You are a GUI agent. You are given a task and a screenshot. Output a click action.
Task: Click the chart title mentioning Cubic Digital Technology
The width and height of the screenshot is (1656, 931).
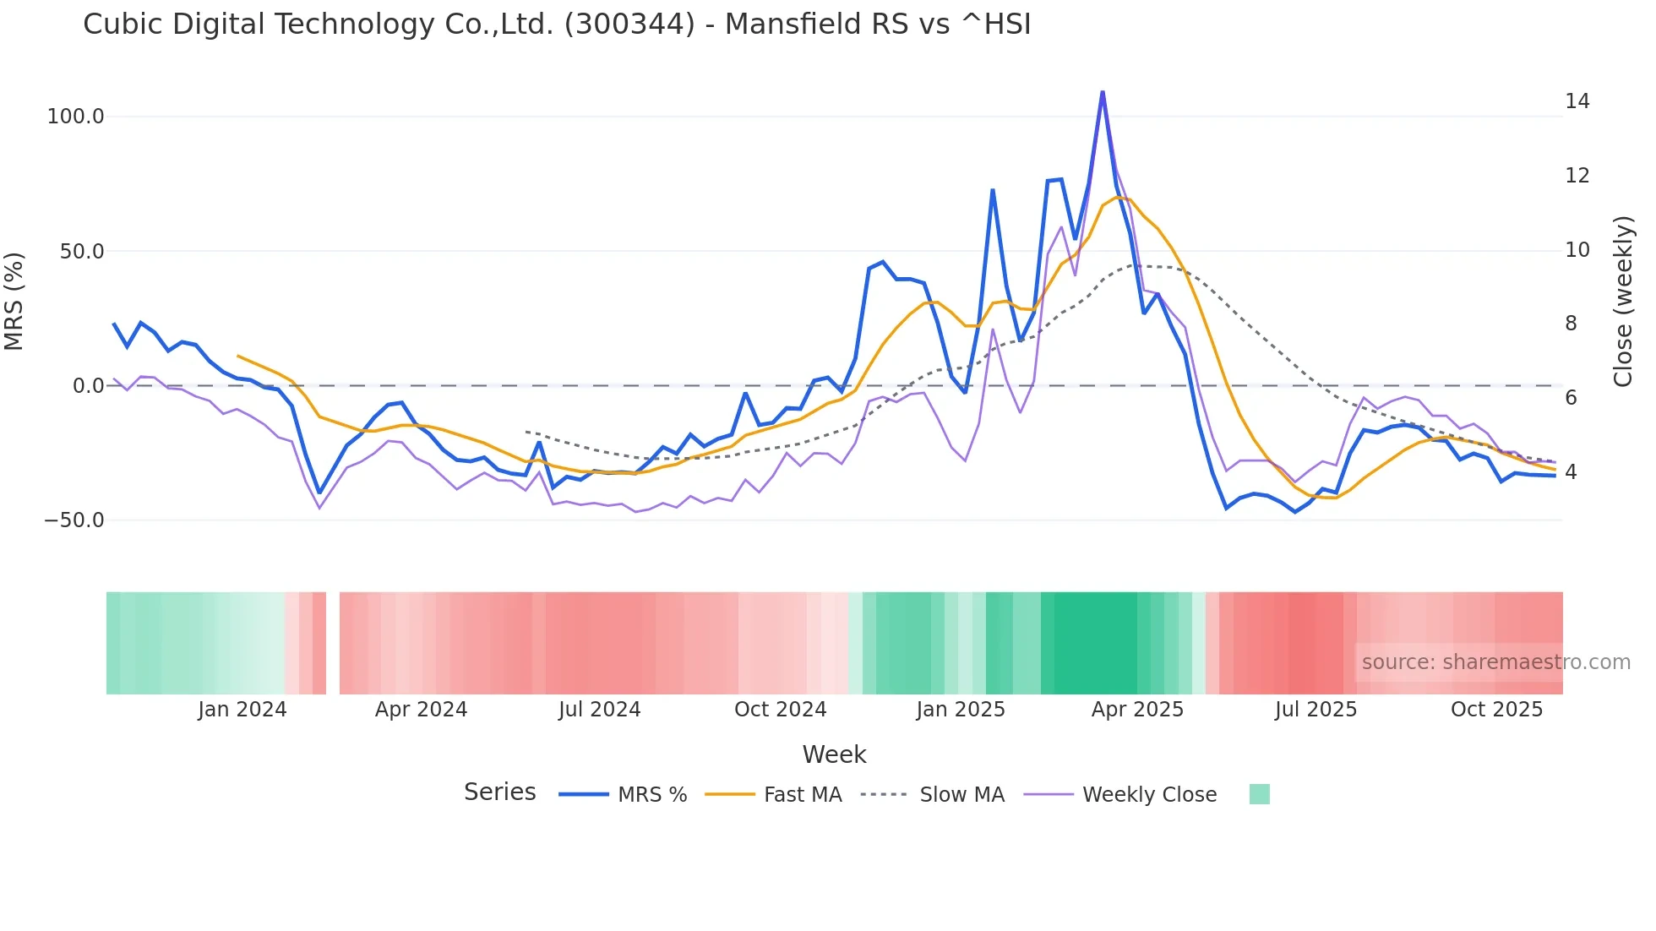(x=557, y=24)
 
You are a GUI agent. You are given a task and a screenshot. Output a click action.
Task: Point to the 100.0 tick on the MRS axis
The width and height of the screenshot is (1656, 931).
(x=75, y=117)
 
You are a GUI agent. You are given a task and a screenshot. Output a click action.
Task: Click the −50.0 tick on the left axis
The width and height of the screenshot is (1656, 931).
(x=74, y=520)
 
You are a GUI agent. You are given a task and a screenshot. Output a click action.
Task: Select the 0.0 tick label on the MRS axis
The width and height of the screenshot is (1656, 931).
(x=88, y=386)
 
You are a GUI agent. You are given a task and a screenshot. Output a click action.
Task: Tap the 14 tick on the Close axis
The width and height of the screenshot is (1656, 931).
(x=1577, y=101)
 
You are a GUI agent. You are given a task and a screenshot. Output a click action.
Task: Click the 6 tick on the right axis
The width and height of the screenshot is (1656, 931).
(x=1571, y=398)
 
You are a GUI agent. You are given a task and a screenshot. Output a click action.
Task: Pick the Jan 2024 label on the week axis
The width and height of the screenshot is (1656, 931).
(x=242, y=710)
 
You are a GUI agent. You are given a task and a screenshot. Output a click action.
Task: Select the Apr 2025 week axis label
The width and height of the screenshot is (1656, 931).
(x=1137, y=710)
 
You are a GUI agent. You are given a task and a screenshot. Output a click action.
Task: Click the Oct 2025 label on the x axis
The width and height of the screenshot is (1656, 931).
(x=1496, y=710)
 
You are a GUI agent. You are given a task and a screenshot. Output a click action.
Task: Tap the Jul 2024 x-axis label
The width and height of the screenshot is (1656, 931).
(x=599, y=710)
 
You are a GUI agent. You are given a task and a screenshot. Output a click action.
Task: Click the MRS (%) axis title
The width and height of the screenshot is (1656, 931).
(x=14, y=302)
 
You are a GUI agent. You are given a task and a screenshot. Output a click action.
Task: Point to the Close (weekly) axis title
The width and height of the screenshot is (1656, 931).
(x=1623, y=302)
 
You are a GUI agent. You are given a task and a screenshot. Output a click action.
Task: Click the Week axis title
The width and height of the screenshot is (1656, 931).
(x=834, y=754)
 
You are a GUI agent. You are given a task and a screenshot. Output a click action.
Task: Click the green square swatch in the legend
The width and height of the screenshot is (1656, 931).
(x=1259, y=794)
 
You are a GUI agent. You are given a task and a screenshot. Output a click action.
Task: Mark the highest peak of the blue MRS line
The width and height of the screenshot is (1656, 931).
(x=1103, y=92)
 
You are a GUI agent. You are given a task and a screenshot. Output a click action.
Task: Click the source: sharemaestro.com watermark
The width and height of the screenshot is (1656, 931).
(x=1495, y=662)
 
